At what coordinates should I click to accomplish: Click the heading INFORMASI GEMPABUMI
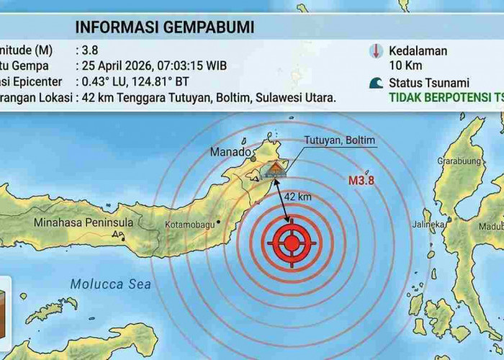[x=164, y=29]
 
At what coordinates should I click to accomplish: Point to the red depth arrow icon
[x=375, y=51]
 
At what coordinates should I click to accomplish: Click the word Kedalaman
[x=418, y=51]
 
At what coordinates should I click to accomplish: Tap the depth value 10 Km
[x=405, y=66]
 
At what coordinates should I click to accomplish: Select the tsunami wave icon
[x=375, y=82]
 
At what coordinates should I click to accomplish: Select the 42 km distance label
[x=298, y=197]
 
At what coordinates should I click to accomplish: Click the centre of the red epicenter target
[x=292, y=243]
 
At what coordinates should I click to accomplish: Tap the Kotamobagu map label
[x=190, y=225]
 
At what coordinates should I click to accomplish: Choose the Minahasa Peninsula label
[x=84, y=222]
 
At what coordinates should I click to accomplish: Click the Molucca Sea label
[x=110, y=284]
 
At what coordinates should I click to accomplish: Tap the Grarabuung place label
[x=459, y=161]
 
